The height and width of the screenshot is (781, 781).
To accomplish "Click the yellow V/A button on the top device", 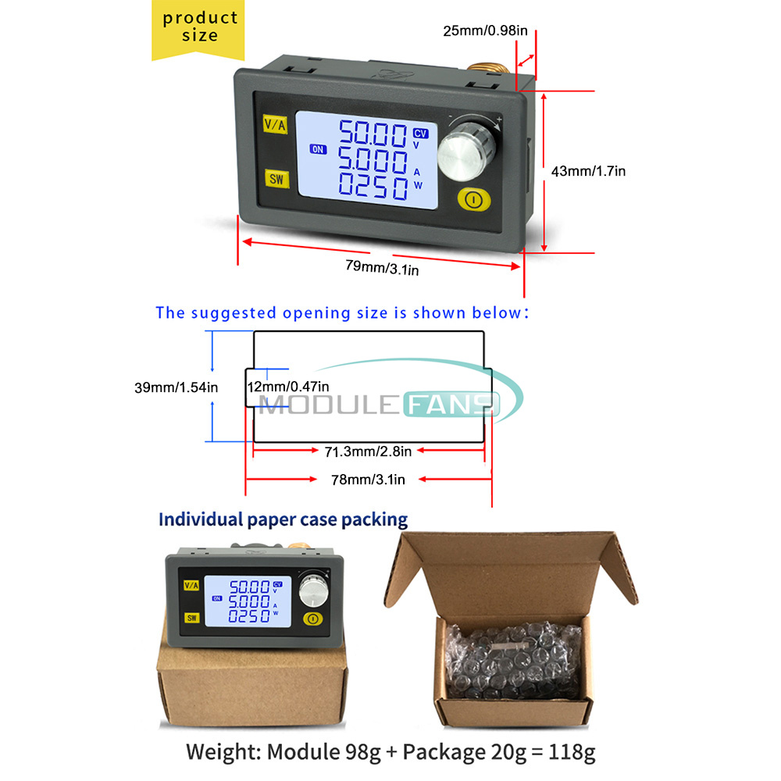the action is point(275,124).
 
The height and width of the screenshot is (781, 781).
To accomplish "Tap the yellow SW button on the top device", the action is point(277,178).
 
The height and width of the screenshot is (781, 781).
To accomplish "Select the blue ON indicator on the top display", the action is point(318,149).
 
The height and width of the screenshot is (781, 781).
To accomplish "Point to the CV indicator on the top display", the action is point(420,133).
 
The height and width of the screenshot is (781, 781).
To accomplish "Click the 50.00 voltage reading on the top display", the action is point(373,133).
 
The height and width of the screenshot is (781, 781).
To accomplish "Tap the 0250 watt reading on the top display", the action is point(373,187).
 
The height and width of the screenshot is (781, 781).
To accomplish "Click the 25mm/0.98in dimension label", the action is point(485,31).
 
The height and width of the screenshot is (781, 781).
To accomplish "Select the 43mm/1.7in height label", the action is point(588,171).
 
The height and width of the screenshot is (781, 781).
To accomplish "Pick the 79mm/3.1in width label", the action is point(382,267).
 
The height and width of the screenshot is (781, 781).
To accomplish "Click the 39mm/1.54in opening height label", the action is point(177,387).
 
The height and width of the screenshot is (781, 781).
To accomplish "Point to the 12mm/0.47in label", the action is point(288,387).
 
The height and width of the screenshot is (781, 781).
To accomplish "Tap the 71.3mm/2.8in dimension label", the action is point(368,451).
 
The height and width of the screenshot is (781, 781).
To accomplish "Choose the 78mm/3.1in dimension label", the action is point(368,480).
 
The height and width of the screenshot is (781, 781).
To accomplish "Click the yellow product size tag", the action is point(198,29).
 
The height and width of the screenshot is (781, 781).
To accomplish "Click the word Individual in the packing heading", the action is point(200,519).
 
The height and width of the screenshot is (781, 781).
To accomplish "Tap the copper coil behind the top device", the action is point(487,69).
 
